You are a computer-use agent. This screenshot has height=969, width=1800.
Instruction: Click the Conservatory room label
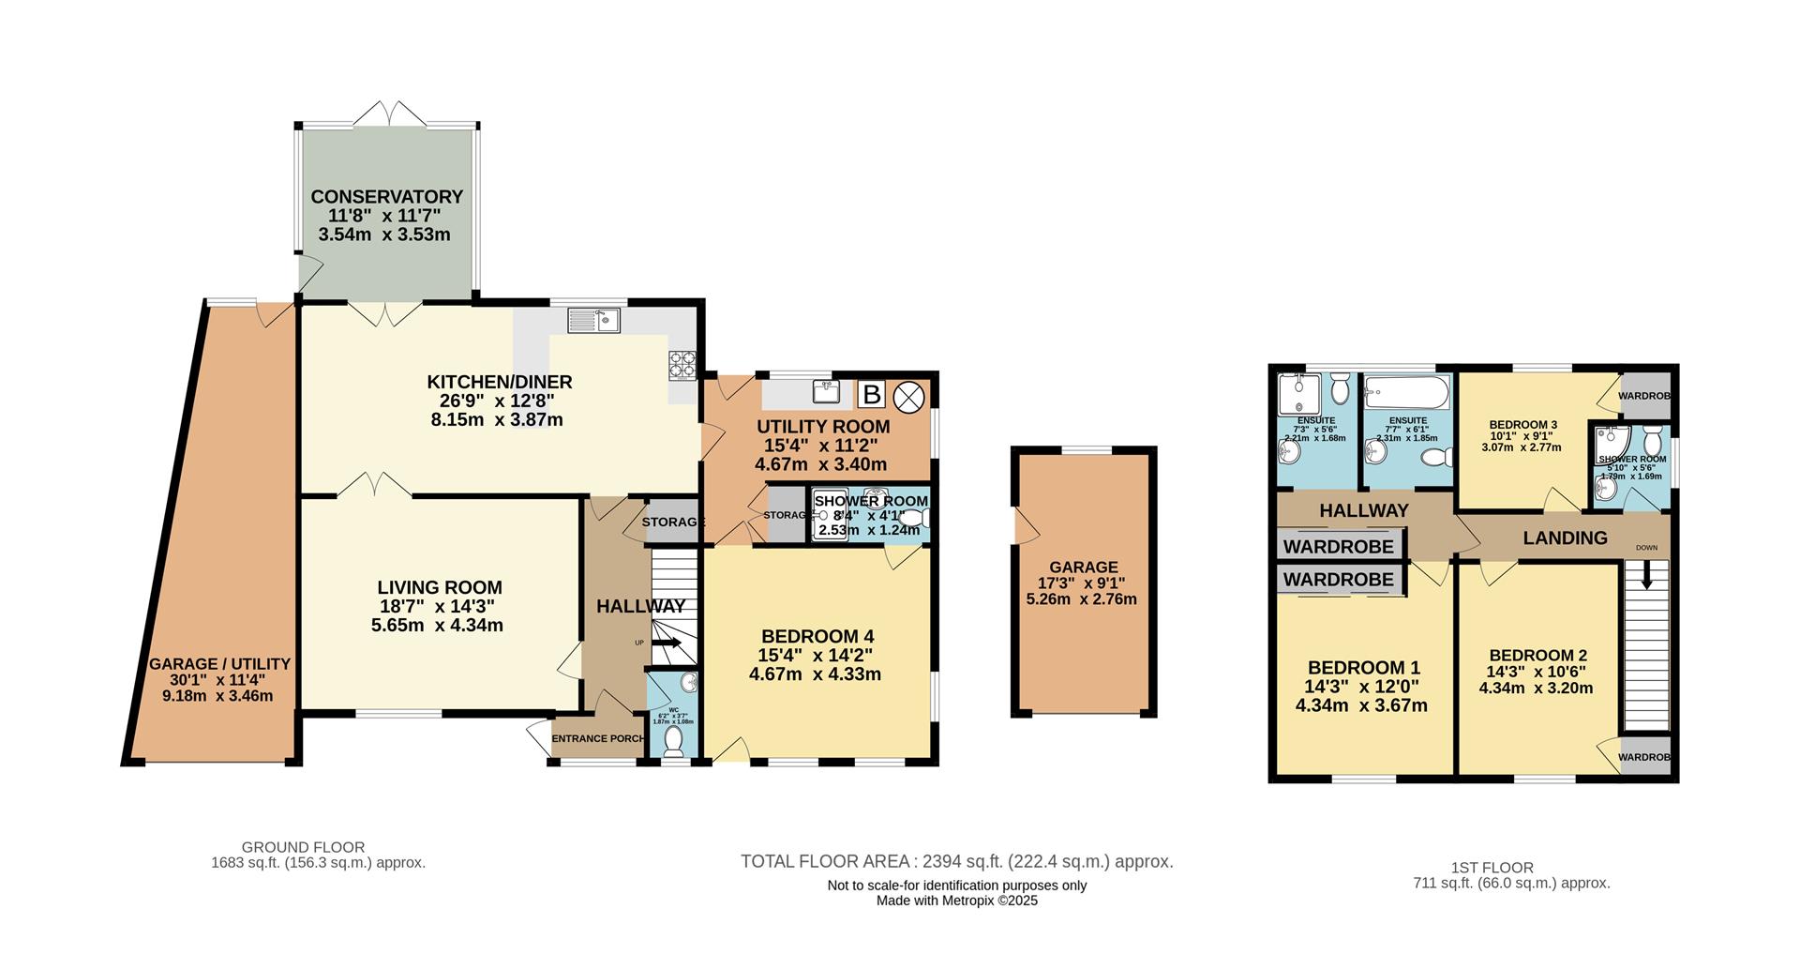pos(386,197)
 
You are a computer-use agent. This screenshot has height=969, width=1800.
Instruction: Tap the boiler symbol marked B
pos(872,395)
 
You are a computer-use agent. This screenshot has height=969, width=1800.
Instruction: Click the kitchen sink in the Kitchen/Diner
pos(594,322)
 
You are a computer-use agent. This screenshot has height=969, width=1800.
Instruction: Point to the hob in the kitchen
pos(682,364)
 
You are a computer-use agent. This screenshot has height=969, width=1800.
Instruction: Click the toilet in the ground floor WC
pos(673,741)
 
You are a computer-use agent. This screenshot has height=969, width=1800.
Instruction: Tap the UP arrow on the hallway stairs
pos(667,643)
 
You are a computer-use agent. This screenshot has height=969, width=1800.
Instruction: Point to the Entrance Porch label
pos(597,738)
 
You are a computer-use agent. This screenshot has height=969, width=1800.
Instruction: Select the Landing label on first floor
pos(1565,538)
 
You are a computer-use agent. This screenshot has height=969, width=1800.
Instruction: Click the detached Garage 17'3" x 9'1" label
pos(1083,568)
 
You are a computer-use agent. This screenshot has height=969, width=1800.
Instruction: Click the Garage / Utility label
pos(219,664)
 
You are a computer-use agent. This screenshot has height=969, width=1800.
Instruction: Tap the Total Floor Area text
pos(956,861)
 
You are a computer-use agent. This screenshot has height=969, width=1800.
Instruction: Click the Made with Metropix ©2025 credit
pos(956,901)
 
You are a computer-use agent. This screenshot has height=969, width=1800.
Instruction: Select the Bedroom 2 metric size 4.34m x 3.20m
pos(1536,688)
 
